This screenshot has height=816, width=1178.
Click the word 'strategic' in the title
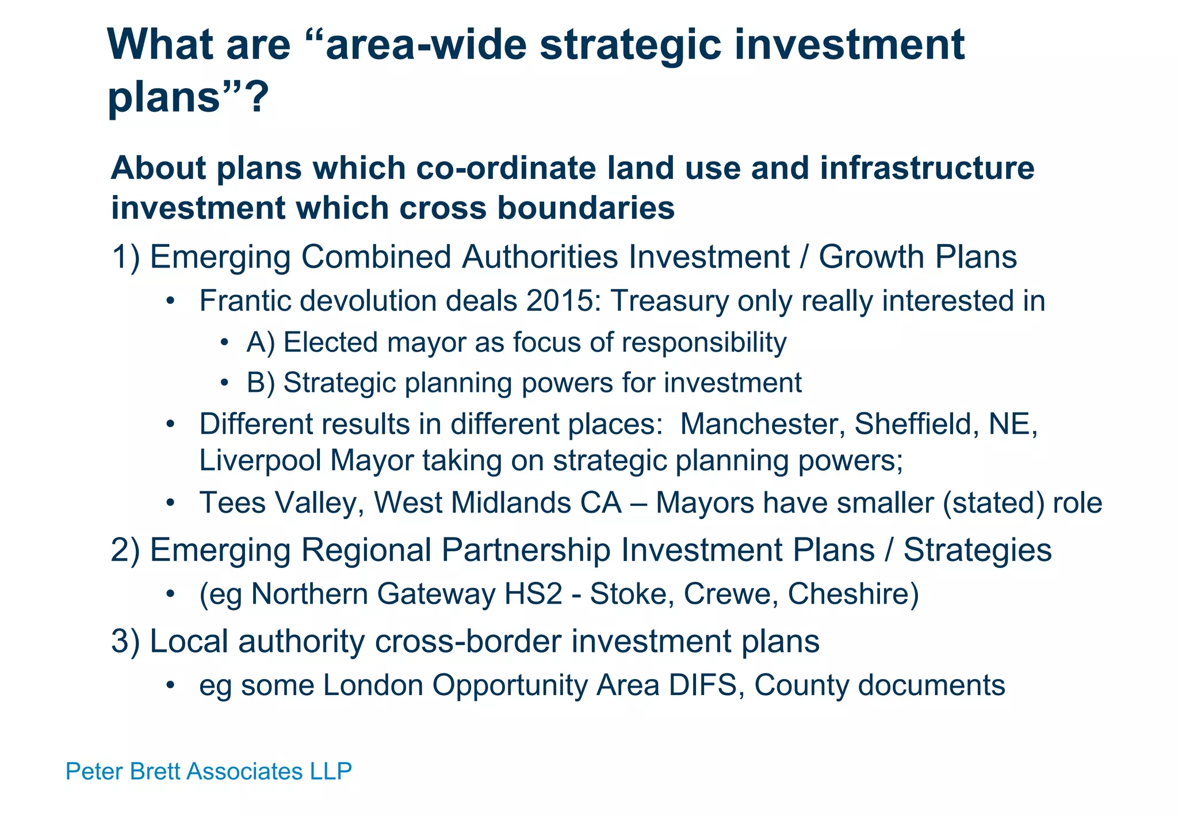click(630, 46)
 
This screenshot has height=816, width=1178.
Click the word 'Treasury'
click(669, 301)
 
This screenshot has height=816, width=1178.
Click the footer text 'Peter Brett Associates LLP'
click(208, 771)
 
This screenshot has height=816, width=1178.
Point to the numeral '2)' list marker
click(125, 550)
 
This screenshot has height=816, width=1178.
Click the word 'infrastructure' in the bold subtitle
click(927, 169)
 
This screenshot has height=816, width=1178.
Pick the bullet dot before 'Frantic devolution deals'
click(170, 302)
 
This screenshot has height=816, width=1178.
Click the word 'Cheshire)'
click(853, 594)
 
